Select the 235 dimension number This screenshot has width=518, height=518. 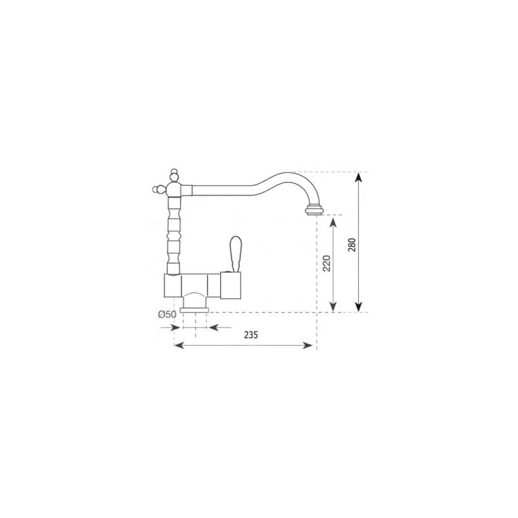click(x=251, y=335)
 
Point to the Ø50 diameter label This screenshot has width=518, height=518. click(x=167, y=315)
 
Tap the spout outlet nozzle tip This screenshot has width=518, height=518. click(x=315, y=210)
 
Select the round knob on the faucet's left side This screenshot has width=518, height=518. click(x=155, y=190)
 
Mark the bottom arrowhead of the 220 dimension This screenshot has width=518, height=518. click(x=333, y=308)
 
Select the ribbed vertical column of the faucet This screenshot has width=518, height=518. click(x=174, y=233)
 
